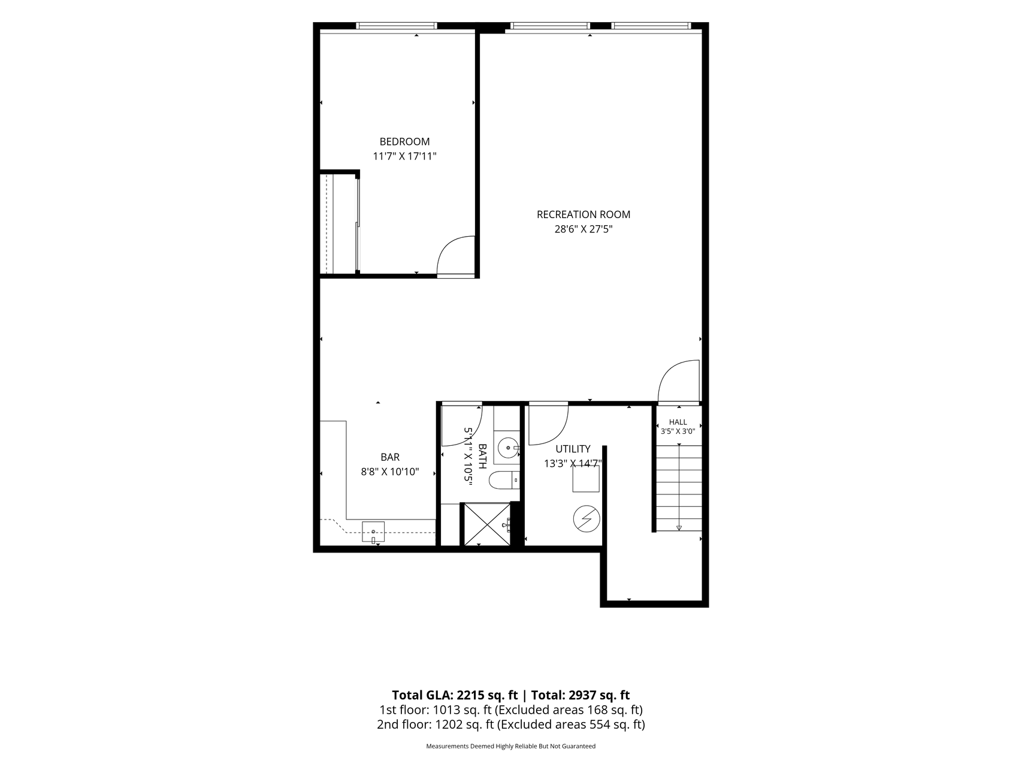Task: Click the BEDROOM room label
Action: coord(404,142)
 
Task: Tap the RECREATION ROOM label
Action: coord(583,215)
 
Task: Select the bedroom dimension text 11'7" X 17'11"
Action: coord(404,156)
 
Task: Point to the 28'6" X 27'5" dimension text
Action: coord(583,229)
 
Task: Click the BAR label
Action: coord(390,457)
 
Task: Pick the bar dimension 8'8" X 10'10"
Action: coord(390,472)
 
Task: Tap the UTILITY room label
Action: coord(573,449)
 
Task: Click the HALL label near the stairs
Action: coord(678,422)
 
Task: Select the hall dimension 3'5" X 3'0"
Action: coord(678,431)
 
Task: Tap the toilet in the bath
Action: coord(503,480)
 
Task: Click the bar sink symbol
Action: coord(373,532)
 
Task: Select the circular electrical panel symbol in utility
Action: coord(586,518)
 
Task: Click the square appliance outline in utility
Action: coord(586,479)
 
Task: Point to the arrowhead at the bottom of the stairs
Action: coord(679,528)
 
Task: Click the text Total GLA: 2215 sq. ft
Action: coord(455,695)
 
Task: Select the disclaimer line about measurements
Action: coord(510,746)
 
